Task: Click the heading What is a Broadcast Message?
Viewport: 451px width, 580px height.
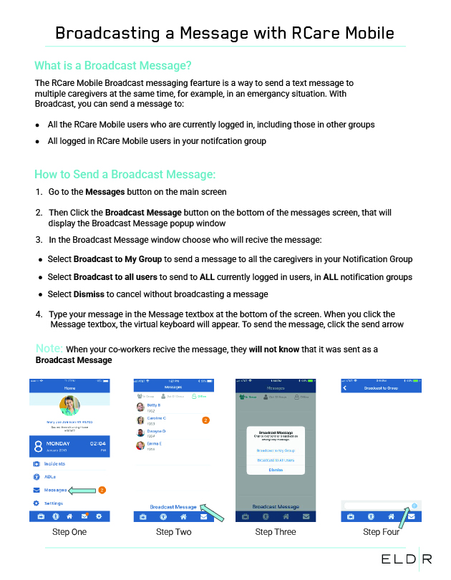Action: [x=113, y=65]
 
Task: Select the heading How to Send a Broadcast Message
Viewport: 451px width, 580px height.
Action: [x=125, y=175]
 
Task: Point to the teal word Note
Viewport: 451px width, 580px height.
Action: [x=49, y=348]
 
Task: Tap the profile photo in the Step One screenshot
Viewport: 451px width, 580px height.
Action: [x=69, y=407]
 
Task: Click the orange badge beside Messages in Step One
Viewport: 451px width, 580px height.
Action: [x=102, y=490]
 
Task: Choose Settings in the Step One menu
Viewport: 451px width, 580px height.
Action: [x=54, y=503]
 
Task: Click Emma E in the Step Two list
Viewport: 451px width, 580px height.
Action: [x=155, y=444]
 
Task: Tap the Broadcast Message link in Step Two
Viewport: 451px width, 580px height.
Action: [x=173, y=506]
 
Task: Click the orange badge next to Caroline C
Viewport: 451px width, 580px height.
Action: [x=205, y=420]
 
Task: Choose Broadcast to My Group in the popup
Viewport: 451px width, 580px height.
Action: [x=276, y=450]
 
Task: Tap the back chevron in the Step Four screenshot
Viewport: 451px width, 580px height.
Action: [x=345, y=387]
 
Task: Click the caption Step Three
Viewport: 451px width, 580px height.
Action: [x=276, y=532]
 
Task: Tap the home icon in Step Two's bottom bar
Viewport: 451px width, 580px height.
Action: [x=184, y=516]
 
